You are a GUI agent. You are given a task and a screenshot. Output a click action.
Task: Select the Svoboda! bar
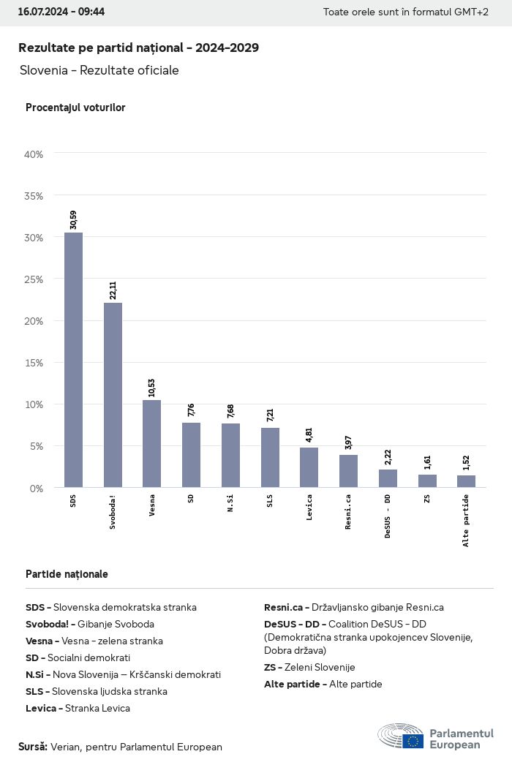click(113, 395)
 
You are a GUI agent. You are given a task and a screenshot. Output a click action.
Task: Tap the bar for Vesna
click(151, 443)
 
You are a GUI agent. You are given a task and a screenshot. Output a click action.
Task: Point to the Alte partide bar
click(466, 481)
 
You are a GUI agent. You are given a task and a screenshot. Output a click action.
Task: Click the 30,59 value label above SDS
click(73, 219)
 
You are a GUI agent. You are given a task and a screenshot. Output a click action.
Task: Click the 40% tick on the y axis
click(34, 154)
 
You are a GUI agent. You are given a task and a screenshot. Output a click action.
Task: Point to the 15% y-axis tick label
click(34, 363)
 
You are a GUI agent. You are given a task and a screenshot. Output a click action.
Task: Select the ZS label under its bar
click(427, 500)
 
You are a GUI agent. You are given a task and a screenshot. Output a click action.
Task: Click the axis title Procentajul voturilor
click(75, 108)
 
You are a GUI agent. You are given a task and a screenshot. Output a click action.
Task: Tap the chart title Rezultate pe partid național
click(138, 48)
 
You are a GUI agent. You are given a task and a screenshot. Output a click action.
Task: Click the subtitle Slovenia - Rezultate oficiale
click(99, 70)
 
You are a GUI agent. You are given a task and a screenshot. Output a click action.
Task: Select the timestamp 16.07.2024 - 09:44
click(61, 12)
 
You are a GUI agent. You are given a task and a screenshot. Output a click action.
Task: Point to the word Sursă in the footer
click(33, 747)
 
